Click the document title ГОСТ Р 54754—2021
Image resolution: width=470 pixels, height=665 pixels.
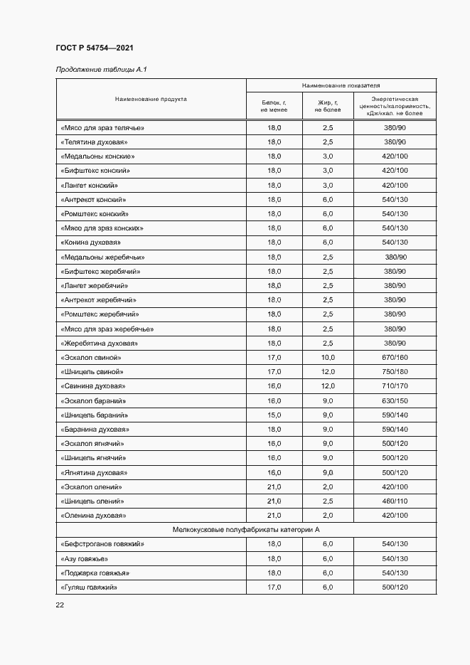[94, 48]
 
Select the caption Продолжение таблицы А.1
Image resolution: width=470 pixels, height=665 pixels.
[100, 69]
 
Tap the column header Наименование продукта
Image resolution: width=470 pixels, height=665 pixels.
[151, 100]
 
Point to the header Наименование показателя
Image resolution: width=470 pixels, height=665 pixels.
[341, 85]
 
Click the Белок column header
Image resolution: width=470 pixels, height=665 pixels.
[274, 106]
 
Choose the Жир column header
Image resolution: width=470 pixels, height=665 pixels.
[327, 106]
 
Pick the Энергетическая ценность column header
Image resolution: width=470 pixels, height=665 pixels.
[394, 106]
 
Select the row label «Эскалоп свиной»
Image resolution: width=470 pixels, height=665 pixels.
[91, 357]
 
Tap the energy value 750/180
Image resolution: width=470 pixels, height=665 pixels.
[394, 371]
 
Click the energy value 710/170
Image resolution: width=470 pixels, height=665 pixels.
[394, 385]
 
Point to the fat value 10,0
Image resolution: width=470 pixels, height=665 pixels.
[327, 357]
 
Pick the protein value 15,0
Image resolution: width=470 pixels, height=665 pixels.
[274, 415]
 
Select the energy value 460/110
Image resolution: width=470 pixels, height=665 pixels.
[394, 501]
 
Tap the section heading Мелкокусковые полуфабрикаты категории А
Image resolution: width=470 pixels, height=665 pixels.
[246, 529]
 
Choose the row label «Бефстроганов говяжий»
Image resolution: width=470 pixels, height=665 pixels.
[102, 543]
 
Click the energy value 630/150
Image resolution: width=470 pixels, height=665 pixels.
[394, 400]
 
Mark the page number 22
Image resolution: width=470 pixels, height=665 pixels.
[60, 605]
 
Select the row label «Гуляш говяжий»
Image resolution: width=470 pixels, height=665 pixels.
[89, 587]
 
